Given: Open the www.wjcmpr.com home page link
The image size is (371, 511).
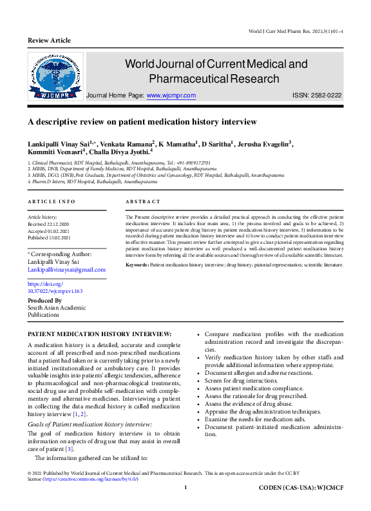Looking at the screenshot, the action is click(171, 95).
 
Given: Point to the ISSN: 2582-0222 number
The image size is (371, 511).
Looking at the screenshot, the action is click(317, 95).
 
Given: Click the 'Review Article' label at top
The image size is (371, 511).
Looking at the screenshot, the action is click(49, 40).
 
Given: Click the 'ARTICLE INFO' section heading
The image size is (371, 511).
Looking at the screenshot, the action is click(52, 202).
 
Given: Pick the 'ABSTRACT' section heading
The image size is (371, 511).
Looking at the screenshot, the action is click(142, 202).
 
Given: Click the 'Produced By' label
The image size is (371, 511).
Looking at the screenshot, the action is click(44, 300).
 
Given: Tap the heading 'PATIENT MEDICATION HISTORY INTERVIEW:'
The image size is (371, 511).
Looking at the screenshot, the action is click(100, 334).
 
